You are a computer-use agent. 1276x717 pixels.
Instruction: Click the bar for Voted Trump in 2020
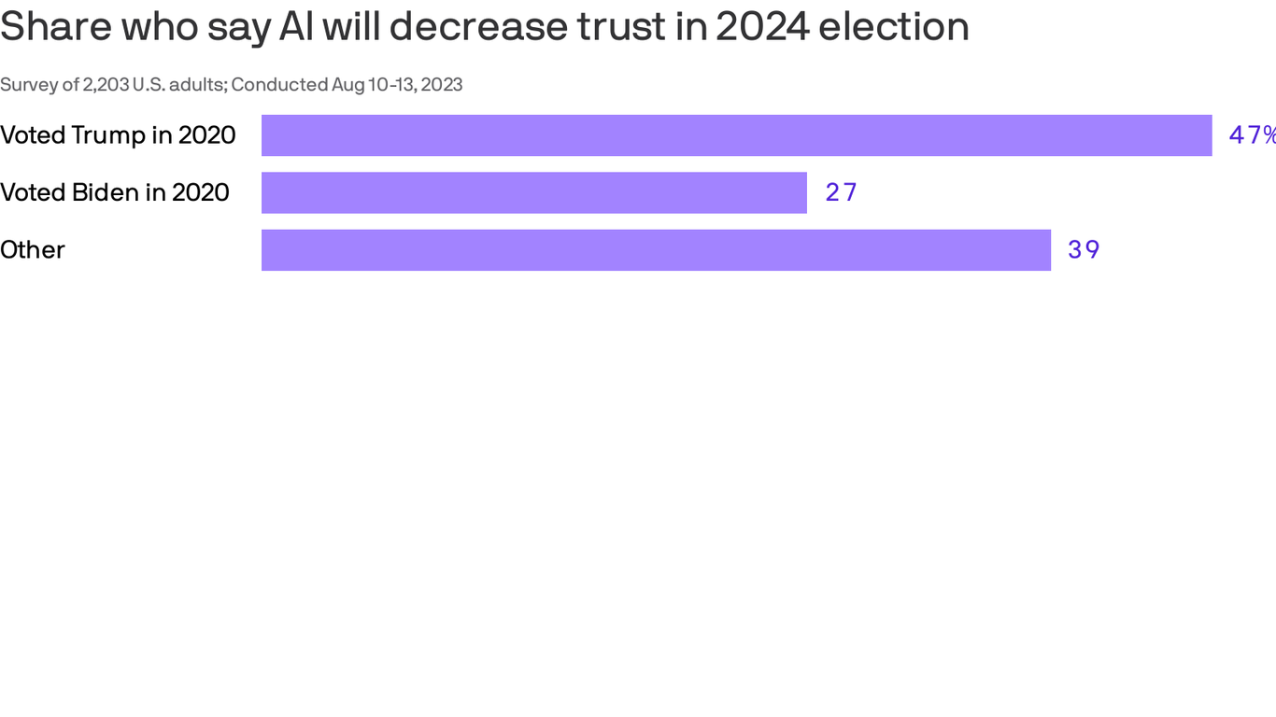pos(736,135)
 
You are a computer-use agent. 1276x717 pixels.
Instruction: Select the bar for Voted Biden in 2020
pos(533,192)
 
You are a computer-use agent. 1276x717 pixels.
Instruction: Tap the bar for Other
pos(656,250)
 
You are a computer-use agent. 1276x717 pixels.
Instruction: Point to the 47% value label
pos(1252,135)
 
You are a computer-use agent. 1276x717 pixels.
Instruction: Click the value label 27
pos(841,192)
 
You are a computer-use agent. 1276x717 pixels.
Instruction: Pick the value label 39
pos(1084,250)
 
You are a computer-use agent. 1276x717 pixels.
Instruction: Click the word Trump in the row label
pos(107,135)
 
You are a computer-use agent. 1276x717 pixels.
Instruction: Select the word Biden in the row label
pos(105,192)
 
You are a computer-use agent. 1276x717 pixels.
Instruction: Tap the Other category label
pos(33,250)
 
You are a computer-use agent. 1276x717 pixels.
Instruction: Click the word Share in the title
pos(54,27)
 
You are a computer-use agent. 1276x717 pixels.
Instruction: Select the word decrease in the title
pos(476,27)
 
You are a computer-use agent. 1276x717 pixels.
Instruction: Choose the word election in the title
pos(894,27)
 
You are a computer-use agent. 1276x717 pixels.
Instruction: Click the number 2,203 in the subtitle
pos(106,85)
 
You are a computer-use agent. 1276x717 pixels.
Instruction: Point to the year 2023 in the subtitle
pos(441,85)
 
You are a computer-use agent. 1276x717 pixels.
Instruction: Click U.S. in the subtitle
pos(149,85)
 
